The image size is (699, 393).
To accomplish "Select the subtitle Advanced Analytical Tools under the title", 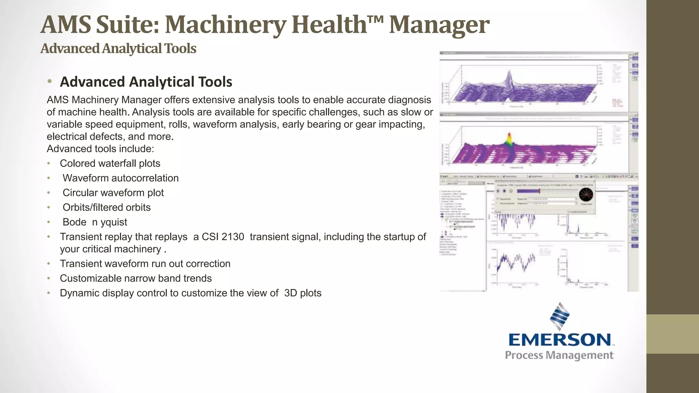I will click(x=118, y=48).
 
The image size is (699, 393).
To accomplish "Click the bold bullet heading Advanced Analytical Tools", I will click(x=146, y=82).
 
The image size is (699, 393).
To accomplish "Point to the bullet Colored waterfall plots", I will click(x=110, y=163).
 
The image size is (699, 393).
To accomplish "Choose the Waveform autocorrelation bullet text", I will click(x=120, y=178).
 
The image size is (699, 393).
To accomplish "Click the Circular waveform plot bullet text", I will click(x=113, y=193).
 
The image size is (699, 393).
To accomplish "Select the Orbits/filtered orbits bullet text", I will click(x=106, y=207).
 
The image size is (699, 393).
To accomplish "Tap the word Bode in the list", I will click(x=74, y=222).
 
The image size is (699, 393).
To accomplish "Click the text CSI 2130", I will click(x=223, y=237).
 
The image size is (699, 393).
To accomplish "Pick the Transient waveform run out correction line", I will click(x=145, y=264).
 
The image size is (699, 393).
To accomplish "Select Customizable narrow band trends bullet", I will click(x=136, y=278).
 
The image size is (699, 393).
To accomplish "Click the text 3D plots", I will click(x=303, y=293).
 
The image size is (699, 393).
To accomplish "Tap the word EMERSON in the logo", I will click(x=560, y=340).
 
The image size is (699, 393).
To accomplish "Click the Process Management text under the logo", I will click(x=559, y=355).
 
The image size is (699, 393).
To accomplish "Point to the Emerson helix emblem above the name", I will click(x=560, y=317).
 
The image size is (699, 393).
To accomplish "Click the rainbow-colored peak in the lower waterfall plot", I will click(x=509, y=139).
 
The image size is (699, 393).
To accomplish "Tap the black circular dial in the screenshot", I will click(x=586, y=195).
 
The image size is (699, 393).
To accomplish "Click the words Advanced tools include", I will click(x=100, y=149).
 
